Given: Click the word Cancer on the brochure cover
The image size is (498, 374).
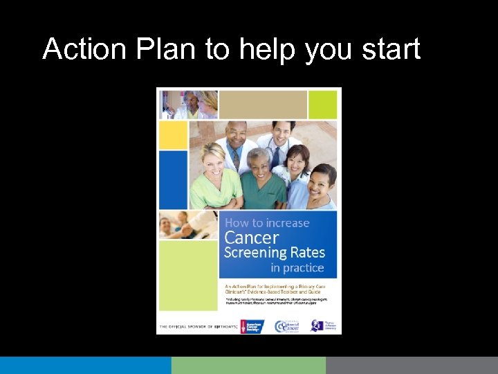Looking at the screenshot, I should coord(252,238).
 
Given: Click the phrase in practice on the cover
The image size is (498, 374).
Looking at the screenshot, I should coord(297,268).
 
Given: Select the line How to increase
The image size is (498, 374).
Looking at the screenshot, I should coord(267,222).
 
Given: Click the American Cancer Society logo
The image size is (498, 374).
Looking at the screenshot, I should coord(252,326).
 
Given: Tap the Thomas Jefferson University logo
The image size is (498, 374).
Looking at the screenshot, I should coord(323,326).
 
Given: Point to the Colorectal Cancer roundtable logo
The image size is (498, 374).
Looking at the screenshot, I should coord(286,326).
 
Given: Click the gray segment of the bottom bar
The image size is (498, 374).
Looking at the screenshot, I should coord(412,365).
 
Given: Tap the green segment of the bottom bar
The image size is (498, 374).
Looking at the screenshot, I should coord(248,365).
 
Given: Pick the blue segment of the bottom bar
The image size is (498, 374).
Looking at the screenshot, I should coord(85,365).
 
